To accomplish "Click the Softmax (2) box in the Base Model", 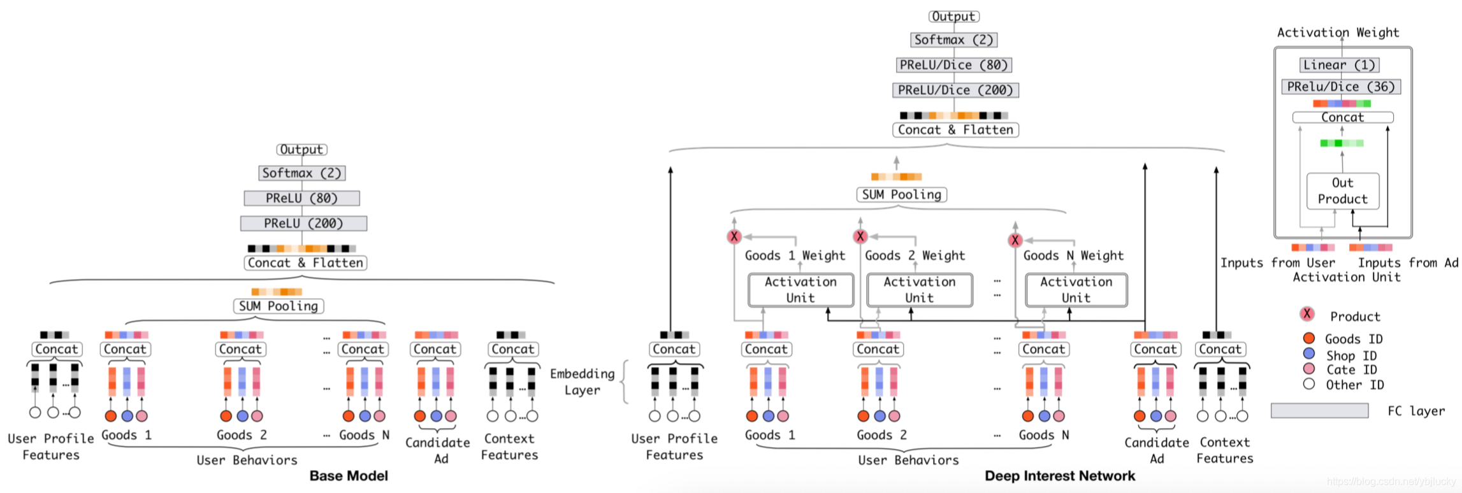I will [x=302, y=173].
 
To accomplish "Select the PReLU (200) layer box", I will [x=303, y=224].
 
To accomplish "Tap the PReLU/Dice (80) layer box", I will [x=953, y=65].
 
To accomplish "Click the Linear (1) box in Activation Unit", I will [x=1339, y=65].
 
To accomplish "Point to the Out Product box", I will [x=1342, y=191].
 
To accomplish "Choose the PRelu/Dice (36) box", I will [x=1341, y=87].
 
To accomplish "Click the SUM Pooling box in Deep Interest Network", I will [x=901, y=195].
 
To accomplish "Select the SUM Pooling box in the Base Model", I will [x=279, y=306].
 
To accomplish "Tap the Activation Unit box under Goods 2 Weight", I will [x=919, y=290].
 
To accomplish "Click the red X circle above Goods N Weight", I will [x=1015, y=240].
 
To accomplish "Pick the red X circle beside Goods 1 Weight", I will [x=734, y=237].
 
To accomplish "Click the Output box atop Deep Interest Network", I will [x=953, y=17].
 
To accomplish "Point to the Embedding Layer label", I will [x=583, y=382].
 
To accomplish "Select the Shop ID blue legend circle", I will [x=1309, y=354].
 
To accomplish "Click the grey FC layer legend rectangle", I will [x=1319, y=411].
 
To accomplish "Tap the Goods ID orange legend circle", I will [x=1309, y=338].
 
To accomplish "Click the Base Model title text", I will [x=349, y=476].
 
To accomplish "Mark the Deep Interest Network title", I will [x=1059, y=476].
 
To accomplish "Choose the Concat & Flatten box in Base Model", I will [x=305, y=263].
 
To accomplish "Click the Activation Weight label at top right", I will [x=1338, y=32].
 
